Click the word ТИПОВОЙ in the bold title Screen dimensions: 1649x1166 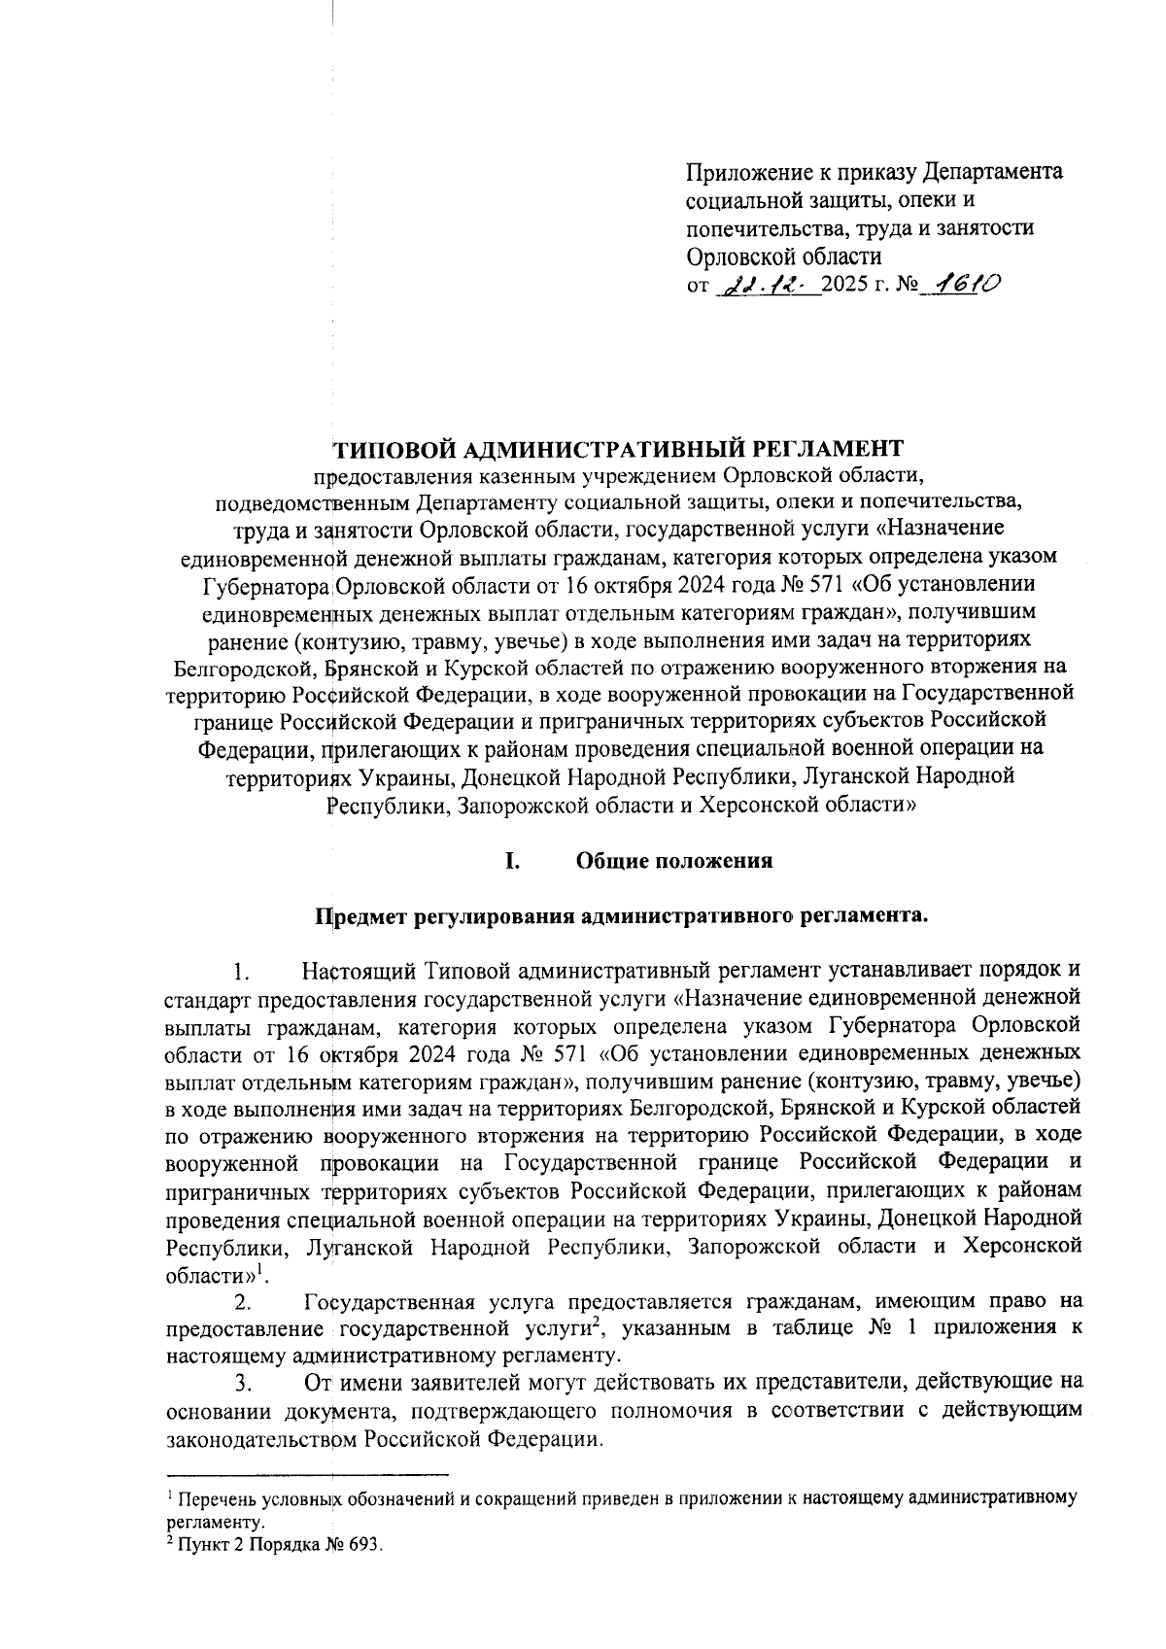click(x=389, y=448)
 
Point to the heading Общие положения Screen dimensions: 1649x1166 click(x=674, y=861)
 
